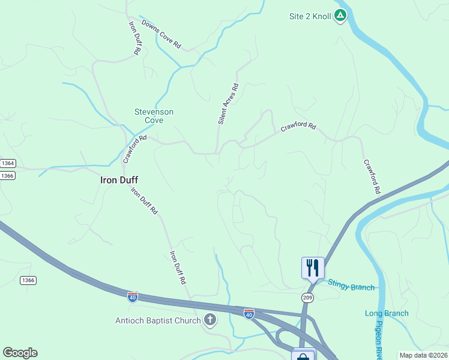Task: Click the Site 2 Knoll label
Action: pyautogui.click(x=310, y=16)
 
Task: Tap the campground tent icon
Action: pyautogui.click(x=340, y=16)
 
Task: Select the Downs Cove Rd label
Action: pyautogui.click(x=161, y=34)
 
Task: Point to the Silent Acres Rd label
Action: pyautogui.click(x=228, y=104)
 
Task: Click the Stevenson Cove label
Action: pyautogui.click(x=154, y=116)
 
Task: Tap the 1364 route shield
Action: pyautogui.click(x=8, y=163)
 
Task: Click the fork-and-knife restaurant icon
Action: pyautogui.click(x=313, y=267)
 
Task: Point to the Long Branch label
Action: pyautogui.click(x=387, y=313)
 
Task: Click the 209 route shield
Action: pyautogui.click(x=308, y=297)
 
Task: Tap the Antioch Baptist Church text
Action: pyautogui.click(x=158, y=320)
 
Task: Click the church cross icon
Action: pyautogui.click(x=210, y=320)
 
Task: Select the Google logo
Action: pyautogui.click(x=20, y=353)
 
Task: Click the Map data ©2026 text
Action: pyautogui.click(x=423, y=355)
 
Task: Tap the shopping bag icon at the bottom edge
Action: pyautogui.click(x=303, y=356)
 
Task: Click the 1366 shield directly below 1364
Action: pyautogui.click(x=8, y=175)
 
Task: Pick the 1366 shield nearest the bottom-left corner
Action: pyautogui.click(x=28, y=280)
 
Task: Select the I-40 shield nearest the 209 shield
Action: pyautogui.click(x=249, y=313)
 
